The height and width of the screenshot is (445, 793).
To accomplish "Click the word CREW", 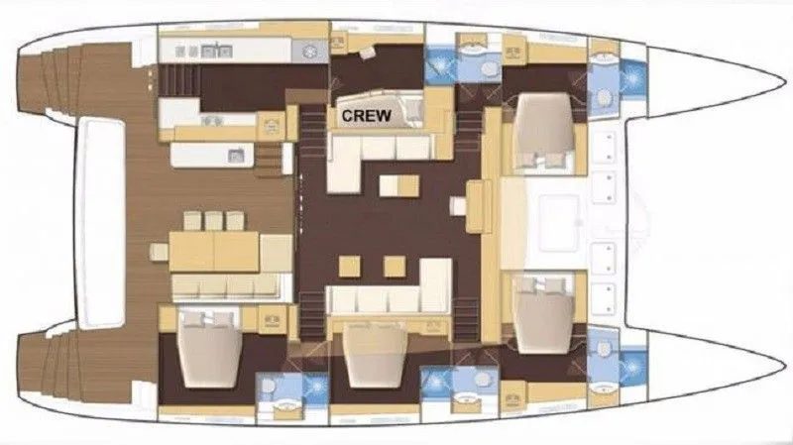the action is click(x=366, y=116).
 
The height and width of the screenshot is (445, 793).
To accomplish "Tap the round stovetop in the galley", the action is click(x=309, y=52).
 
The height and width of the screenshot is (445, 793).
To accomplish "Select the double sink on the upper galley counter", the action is click(x=216, y=52).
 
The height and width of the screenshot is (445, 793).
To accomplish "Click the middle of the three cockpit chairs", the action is click(x=213, y=221).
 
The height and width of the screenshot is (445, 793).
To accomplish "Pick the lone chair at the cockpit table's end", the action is click(x=159, y=252).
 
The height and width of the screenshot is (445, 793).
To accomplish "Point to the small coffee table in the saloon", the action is click(x=399, y=185).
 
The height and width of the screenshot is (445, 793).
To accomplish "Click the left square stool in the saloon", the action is click(x=350, y=267).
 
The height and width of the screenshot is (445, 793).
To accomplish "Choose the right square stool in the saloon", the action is click(x=395, y=267).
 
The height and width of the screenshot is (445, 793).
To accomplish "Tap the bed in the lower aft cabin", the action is click(x=209, y=349).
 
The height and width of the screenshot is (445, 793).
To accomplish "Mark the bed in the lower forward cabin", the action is click(x=544, y=314).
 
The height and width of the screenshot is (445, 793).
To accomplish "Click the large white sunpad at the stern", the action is click(x=100, y=222).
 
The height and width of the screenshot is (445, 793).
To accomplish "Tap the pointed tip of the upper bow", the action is click(x=785, y=82).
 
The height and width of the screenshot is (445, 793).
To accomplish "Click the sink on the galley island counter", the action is click(x=236, y=156).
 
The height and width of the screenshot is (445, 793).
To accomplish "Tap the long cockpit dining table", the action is click(x=214, y=252).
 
